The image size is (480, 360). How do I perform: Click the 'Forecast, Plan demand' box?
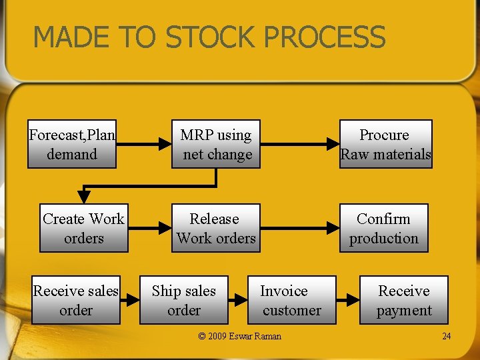72,144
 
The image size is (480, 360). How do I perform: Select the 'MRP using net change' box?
216,144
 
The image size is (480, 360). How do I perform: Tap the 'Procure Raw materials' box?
385,144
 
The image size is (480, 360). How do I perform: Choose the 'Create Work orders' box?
84,228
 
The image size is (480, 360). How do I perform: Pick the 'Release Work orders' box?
216,228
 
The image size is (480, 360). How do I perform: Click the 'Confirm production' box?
384,228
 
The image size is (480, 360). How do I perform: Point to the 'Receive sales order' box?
76,300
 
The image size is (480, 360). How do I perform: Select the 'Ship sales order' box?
184,300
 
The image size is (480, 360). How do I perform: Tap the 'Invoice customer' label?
291,300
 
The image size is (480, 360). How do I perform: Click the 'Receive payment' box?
404,300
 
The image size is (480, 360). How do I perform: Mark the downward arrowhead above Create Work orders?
84,196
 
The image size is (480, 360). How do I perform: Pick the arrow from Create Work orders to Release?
149,228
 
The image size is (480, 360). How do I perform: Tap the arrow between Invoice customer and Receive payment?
341,300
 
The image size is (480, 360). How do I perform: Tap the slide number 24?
446,336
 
